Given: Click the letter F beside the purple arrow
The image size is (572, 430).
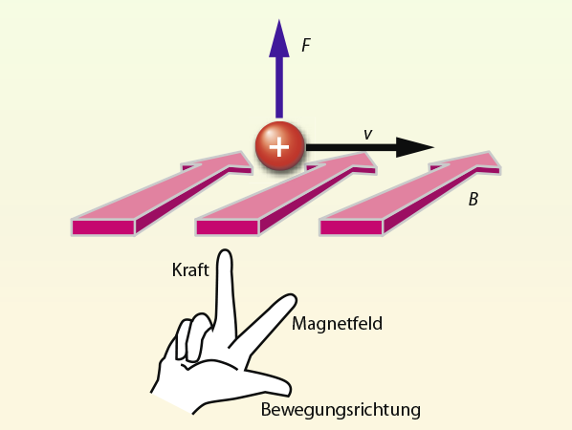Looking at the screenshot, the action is pyautogui.click(x=306, y=45).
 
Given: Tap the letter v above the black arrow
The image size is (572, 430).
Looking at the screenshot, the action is pyautogui.click(x=368, y=134).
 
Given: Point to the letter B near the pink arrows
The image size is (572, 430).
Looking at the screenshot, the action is pyautogui.click(x=473, y=200).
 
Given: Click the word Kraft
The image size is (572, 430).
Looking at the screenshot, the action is pyautogui.click(x=190, y=270).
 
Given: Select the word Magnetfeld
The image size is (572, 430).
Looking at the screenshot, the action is pyautogui.click(x=337, y=323).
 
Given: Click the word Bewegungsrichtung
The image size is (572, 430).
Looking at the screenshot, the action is pyautogui.click(x=341, y=410).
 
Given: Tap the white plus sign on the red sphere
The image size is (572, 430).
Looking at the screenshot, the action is pyautogui.click(x=279, y=147).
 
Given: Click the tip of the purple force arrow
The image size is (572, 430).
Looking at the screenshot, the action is pyautogui.click(x=279, y=20).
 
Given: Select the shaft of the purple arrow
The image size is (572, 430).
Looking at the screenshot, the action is pyautogui.click(x=279, y=88).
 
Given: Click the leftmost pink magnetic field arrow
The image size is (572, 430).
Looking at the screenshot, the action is pyautogui.click(x=162, y=193).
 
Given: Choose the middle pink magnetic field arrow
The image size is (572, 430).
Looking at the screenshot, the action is pyautogui.click(x=286, y=193).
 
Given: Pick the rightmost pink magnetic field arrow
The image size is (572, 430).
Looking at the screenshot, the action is pyautogui.click(x=409, y=193).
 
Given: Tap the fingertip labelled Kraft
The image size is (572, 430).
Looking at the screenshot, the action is pyautogui.click(x=225, y=252).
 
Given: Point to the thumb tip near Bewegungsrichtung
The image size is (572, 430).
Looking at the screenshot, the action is pyautogui.click(x=288, y=388).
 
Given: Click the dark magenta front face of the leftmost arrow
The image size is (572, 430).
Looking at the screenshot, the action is pyautogui.click(x=103, y=227).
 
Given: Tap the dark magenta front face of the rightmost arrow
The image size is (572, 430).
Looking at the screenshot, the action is pyautogui.click(x=351, y=227).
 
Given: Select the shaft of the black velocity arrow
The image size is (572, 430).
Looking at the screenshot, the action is pyautogui.click(x=351, y=147).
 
